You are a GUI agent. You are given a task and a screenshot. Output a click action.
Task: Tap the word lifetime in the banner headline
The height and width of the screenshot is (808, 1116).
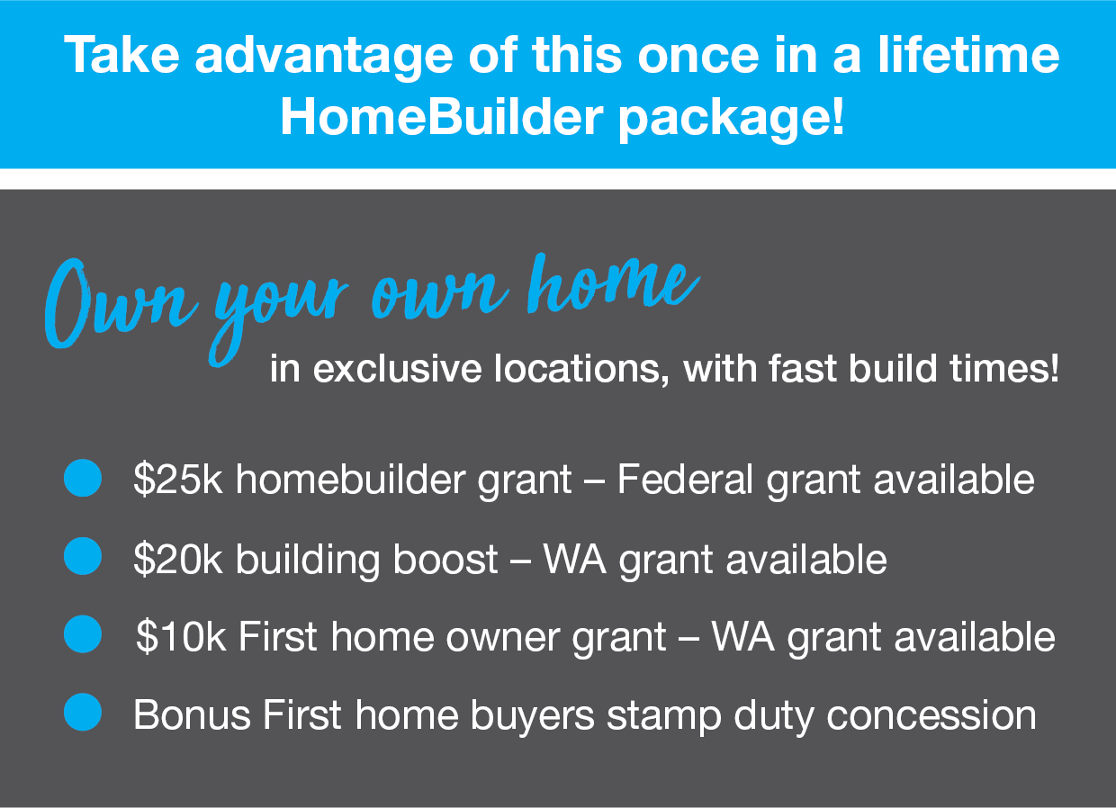[x=968, y=54]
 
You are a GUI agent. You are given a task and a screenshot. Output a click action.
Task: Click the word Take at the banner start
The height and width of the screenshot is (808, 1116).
[x=121, y=54]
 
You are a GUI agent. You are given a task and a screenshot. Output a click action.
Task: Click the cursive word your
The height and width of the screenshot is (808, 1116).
[x=278, y=319]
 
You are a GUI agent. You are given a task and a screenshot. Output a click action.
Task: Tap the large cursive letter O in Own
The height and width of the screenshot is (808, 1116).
[x=67, y=303]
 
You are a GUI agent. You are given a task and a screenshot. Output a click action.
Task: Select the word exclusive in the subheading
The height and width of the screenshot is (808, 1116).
[x=397, y=369]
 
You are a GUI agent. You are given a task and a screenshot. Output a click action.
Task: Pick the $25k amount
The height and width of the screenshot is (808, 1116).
[x=178, y=479]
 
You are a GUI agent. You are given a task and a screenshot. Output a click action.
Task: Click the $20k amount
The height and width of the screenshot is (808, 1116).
[x=178, y=559]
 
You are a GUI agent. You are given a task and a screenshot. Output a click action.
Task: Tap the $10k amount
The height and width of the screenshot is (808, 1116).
[x=181, y=636]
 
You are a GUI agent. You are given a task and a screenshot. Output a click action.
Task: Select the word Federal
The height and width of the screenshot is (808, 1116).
[x=685, y=479]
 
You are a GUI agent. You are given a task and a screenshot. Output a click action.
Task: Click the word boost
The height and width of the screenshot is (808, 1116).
[x=445, y=559]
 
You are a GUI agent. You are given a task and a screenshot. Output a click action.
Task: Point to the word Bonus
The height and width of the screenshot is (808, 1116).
[x=192, y=714]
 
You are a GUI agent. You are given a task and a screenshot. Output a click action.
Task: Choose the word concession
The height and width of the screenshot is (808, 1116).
[x=931, y=715]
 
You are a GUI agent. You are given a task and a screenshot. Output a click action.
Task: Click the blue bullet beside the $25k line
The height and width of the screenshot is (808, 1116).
[x=83, y=478]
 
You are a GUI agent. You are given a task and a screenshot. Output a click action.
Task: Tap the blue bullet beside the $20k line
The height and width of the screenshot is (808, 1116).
[x=83, y=556]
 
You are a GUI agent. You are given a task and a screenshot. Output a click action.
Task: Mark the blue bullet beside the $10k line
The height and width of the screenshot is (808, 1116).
[x=83, y=633]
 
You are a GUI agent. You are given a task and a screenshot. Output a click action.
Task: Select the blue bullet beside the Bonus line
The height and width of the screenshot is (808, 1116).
[x=83, y=712]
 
